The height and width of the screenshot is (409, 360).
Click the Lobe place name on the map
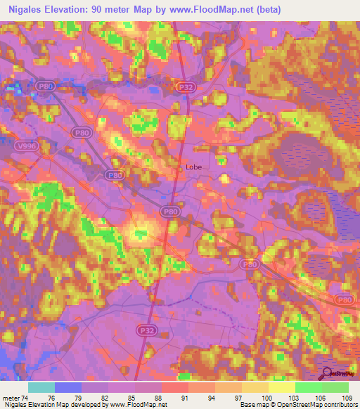[x=195, y=168]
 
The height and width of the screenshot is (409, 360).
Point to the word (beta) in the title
[x=265, y=9]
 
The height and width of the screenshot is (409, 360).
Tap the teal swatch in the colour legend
[x=41, y=387]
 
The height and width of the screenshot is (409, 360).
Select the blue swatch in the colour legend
[x=67, y=387]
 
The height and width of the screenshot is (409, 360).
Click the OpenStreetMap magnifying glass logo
[x=326, y=374]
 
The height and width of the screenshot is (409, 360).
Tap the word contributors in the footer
[x=337, y=405]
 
